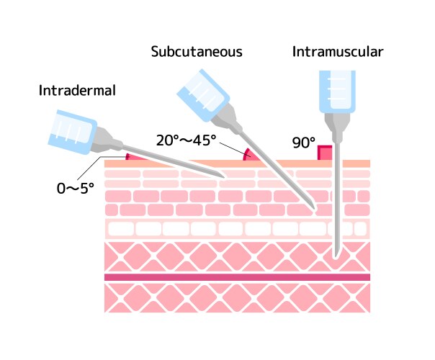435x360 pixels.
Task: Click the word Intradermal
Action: [78, 91]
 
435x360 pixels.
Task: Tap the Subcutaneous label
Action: [196, 52]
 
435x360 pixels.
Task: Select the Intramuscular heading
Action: [338, 52]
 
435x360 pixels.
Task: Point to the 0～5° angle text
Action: [76, 189]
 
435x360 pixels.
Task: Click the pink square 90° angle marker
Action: [326, 153]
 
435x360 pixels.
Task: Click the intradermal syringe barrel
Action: [71, 132]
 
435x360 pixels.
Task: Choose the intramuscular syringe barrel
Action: [336, 89]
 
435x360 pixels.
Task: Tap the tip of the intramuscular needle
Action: [336, 256]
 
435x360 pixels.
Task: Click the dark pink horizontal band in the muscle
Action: [237, 276]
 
